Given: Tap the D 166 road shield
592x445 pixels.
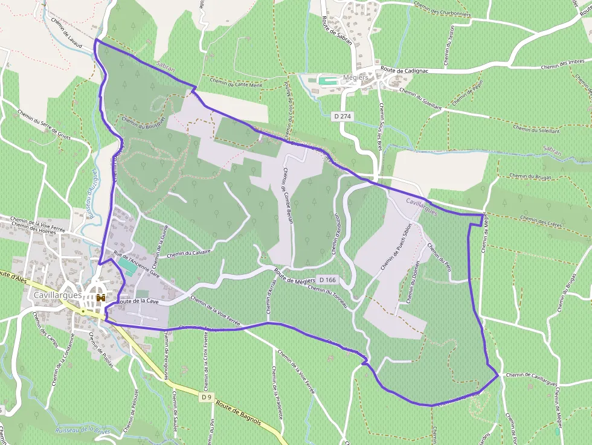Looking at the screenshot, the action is [x=327, y=280].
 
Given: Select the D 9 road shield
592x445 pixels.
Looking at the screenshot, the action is [x=207, y=397].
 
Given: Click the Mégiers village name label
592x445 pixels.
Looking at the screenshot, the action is [x=355, y=78].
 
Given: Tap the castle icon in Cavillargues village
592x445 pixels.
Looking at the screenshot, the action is [x=100, y=298].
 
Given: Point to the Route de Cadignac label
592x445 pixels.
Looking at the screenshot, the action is [x=404, y=69].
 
